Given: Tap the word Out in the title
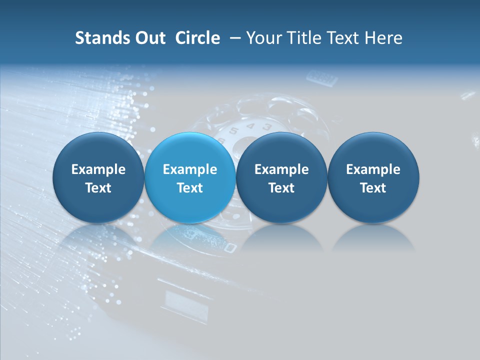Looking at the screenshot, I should point(148,38).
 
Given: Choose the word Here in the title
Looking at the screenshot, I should point(383,38).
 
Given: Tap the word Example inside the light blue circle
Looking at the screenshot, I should point(190,169).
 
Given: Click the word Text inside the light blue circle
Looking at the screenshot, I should point(190,188).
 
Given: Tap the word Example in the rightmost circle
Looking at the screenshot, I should point(373,169).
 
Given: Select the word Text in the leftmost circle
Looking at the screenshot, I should point(98,188).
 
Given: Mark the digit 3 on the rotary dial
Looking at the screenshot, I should point(267,127).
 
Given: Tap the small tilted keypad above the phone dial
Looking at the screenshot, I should point(322,78).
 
